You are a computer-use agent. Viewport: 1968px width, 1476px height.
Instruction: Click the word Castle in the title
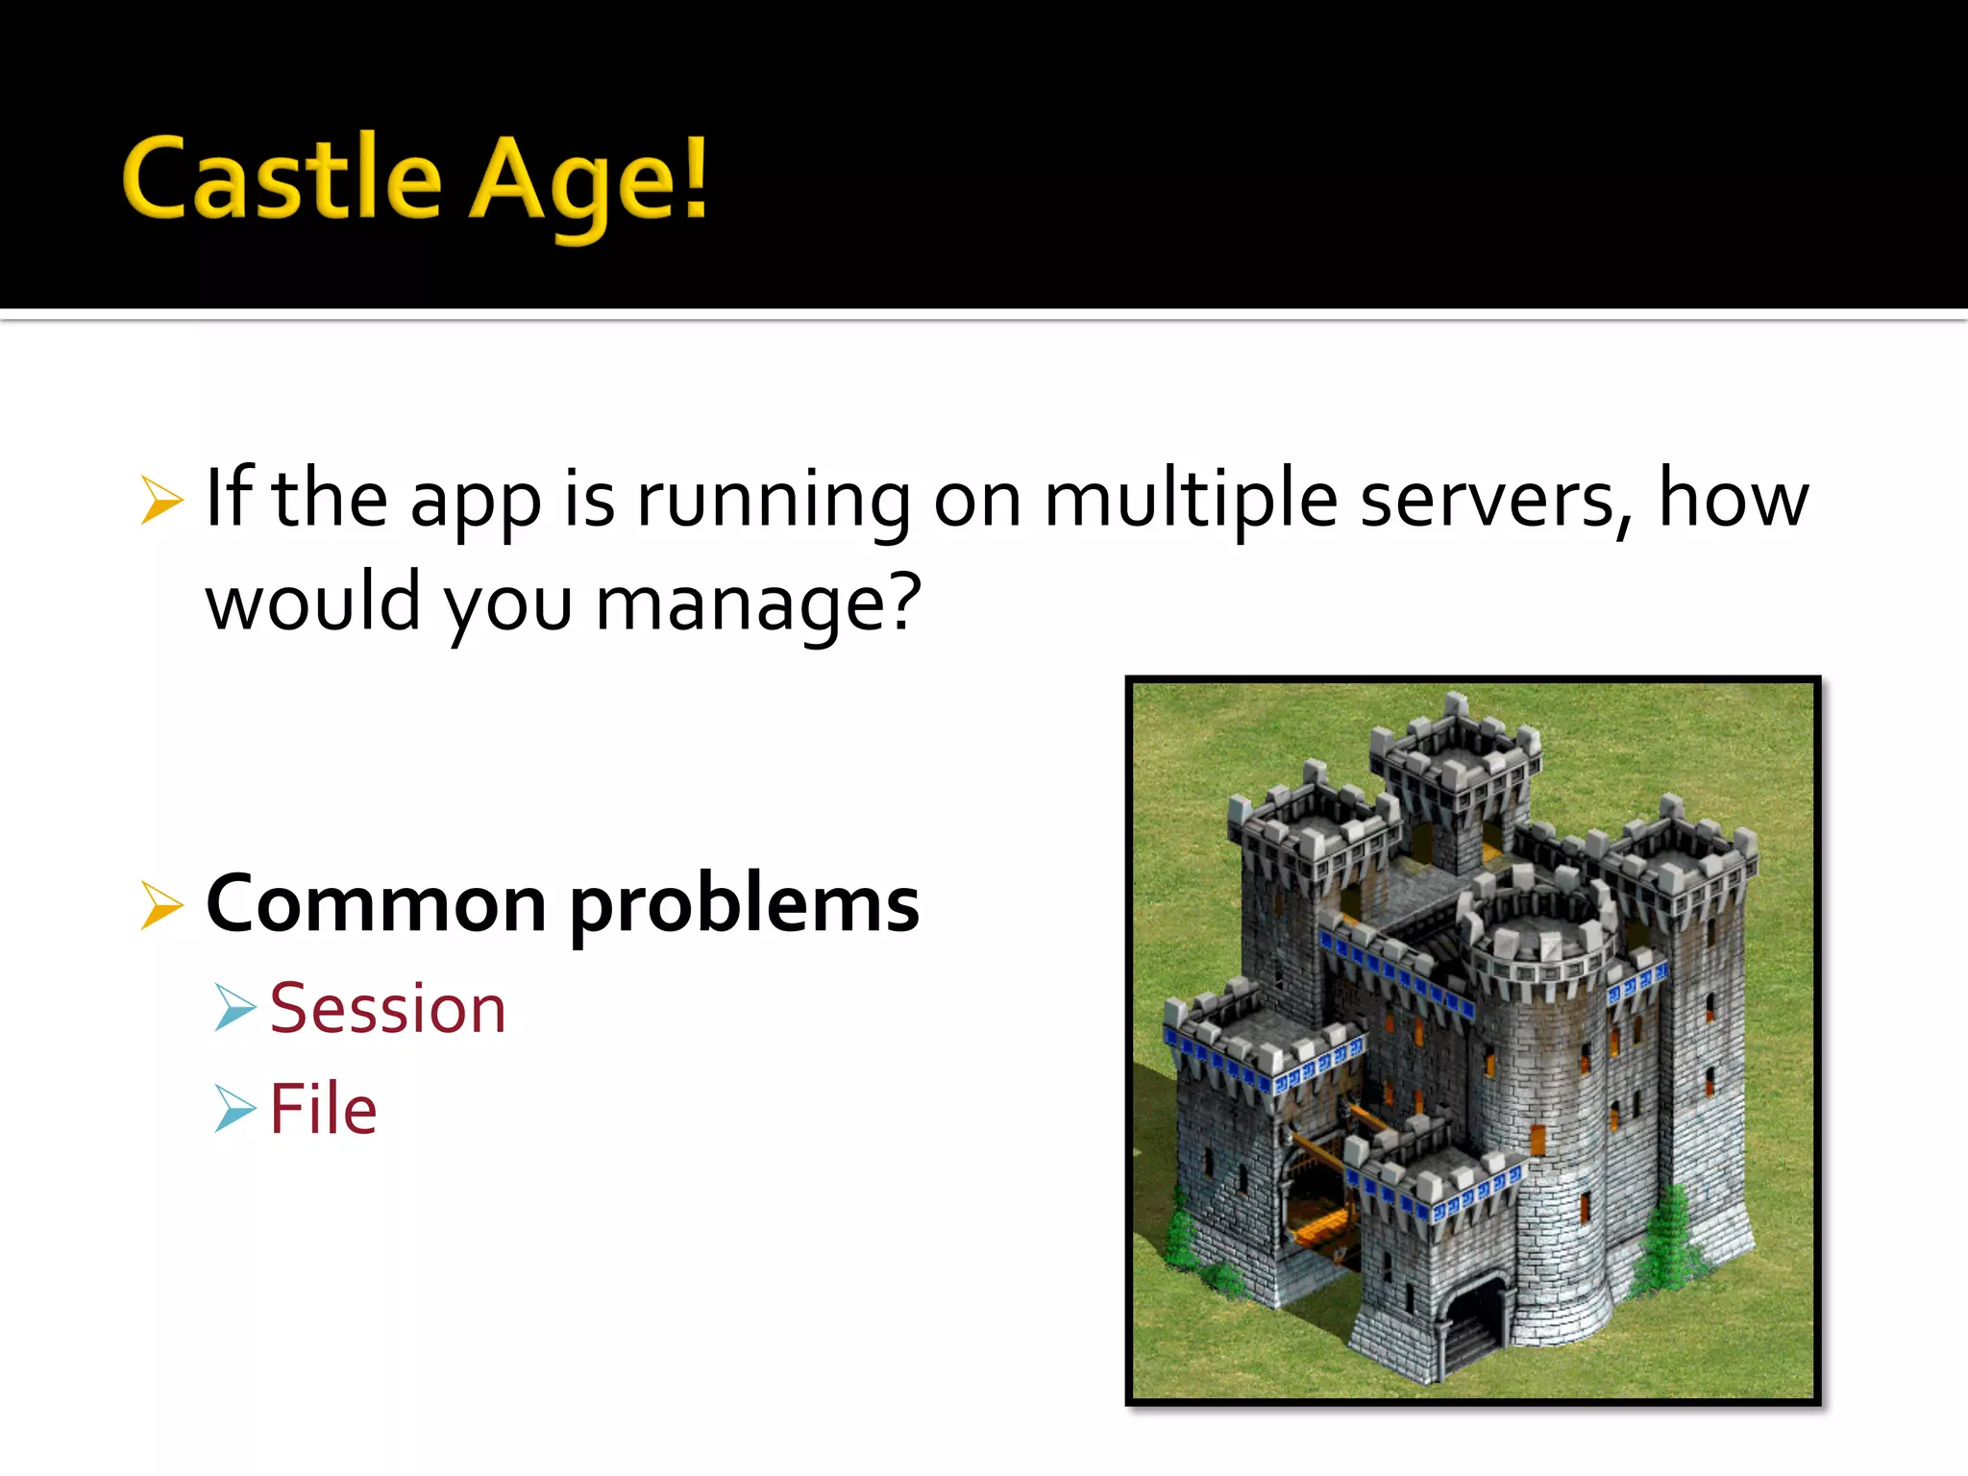click(x=282, y=179)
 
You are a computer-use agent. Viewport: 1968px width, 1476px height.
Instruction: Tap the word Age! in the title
click(x=588, y=183)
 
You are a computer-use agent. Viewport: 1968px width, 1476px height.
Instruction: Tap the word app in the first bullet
click(x=475, y=504)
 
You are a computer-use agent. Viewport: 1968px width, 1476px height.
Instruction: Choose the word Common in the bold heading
click(x=376, y=905)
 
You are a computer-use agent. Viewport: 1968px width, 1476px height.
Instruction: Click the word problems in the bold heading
click(x=745, y=908)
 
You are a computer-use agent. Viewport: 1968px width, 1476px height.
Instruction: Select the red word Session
click(x=387, y=1009)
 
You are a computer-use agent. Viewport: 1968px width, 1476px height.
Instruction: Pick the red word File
click(x=323, y=1109)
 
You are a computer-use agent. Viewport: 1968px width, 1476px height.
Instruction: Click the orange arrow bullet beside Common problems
click(x=160, y=905)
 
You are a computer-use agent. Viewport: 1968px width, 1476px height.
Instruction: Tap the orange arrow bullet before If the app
click(x=160, y=501)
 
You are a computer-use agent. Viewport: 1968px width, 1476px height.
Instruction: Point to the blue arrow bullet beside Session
click(x=234, y=1008)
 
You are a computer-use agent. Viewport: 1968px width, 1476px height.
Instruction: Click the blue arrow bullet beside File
click(x=234, y=1108)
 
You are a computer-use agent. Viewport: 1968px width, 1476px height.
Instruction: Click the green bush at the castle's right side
click(x=1672, y=1240)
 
